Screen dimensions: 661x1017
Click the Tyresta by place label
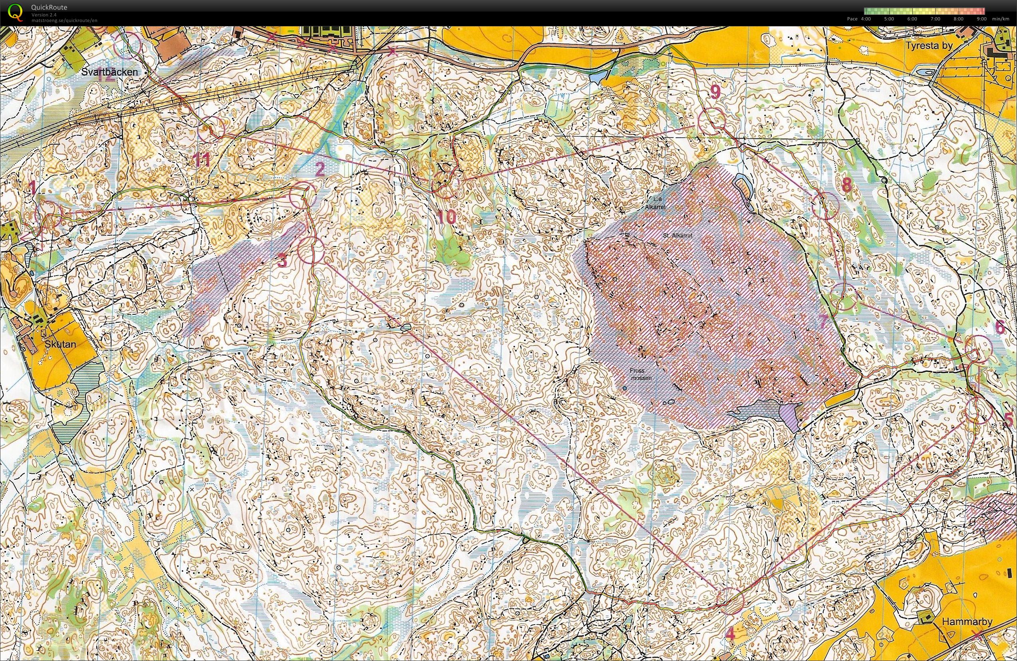click(930, 46)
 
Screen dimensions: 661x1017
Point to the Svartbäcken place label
click(110, 72)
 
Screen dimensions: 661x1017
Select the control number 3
click(282, 261)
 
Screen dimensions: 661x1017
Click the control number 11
click(201, 161)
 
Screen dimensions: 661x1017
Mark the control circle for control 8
click(826, 206)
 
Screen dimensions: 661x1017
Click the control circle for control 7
click(844, 296)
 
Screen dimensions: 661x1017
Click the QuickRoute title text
click(49, 7)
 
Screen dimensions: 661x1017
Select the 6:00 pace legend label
click(912, 19)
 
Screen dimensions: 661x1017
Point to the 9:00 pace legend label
click(981, 19)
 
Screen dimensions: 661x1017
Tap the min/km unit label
click(1003, 19)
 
